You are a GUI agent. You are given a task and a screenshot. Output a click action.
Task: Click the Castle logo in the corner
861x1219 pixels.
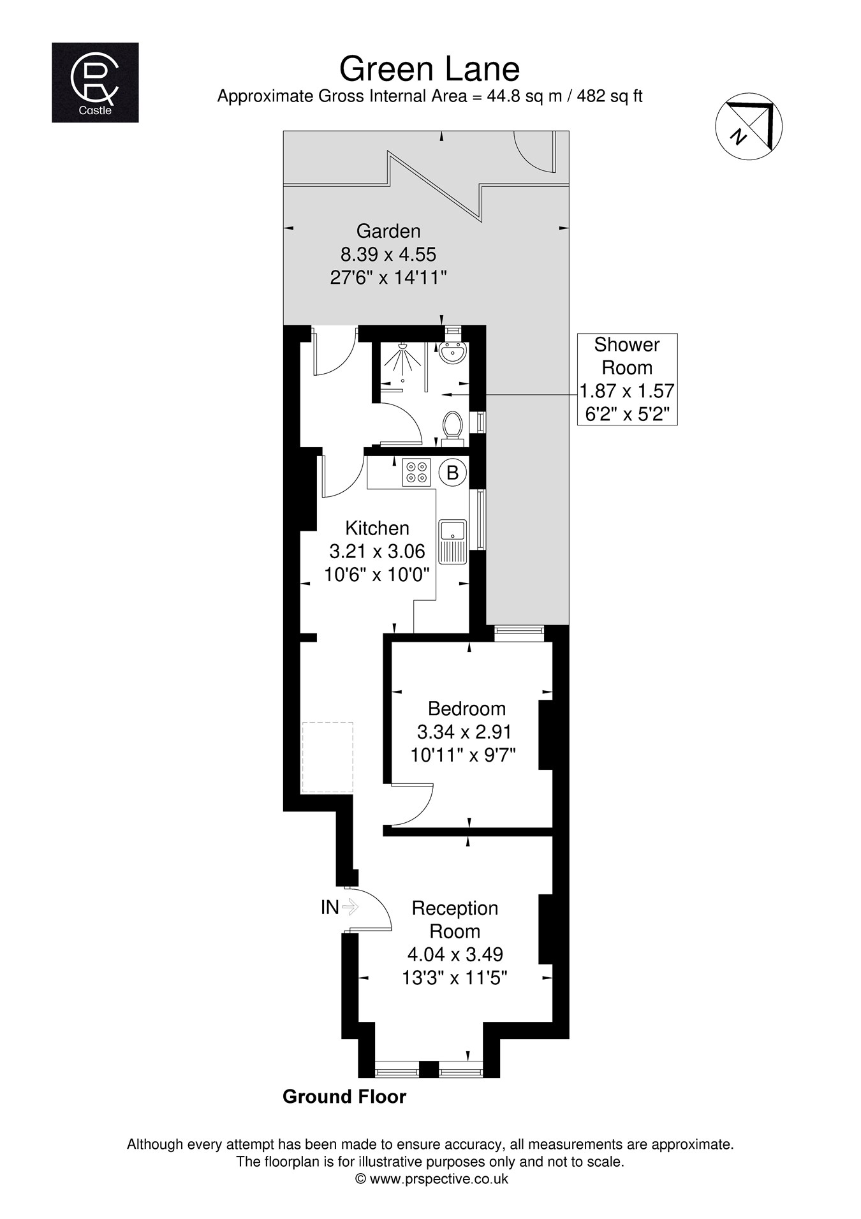[95, 82]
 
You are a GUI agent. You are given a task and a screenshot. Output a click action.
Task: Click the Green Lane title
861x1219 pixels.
[429, 69]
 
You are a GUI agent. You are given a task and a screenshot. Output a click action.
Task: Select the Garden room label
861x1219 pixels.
[388, 231]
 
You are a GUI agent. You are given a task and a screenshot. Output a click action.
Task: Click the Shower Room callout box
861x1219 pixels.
[627, 379]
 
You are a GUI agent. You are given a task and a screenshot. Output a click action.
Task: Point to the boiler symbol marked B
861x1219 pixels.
[453, 473]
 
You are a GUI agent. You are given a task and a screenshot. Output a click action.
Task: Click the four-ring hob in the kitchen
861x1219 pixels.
[416, 473]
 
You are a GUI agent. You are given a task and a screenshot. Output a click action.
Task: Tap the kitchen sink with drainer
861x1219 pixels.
[453, 541]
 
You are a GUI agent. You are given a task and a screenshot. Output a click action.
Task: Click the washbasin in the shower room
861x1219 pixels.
[453, 353]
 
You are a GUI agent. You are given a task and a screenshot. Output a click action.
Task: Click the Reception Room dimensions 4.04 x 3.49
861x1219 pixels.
[455, 954]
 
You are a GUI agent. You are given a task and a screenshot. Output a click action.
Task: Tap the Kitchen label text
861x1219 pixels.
[377, 528]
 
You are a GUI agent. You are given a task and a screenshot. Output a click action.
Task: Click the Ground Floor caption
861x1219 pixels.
[344, 1097]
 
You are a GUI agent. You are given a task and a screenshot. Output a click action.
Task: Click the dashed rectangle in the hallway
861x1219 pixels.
[327, 757]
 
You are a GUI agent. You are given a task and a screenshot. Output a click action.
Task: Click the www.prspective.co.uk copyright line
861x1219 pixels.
[431, 1179]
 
